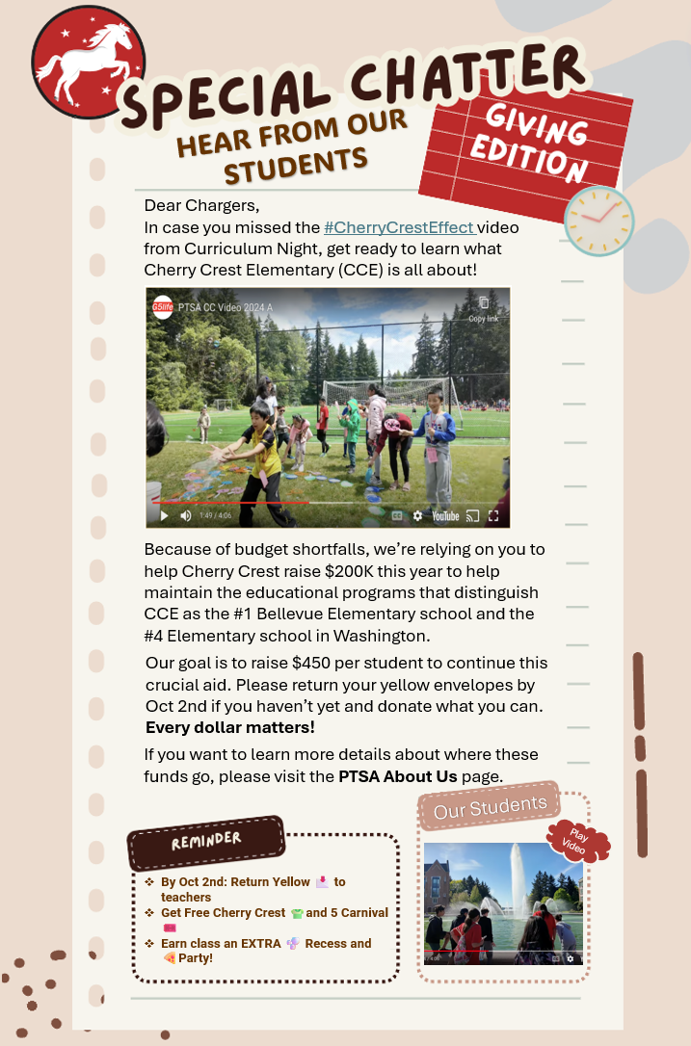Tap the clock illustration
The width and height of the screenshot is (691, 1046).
(598, 221)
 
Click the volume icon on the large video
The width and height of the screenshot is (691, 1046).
(185, 516)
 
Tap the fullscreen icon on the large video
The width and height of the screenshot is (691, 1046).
(493, 516)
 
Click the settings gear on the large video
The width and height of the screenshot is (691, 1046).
(417, 516)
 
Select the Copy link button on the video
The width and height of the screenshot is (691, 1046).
(484, 307)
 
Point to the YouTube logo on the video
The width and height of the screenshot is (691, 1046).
(445, 516)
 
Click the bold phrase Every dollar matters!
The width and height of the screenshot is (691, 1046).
(229, 726)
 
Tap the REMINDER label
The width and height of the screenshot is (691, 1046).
(206, 840)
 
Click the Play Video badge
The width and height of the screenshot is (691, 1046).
(578, 840)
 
